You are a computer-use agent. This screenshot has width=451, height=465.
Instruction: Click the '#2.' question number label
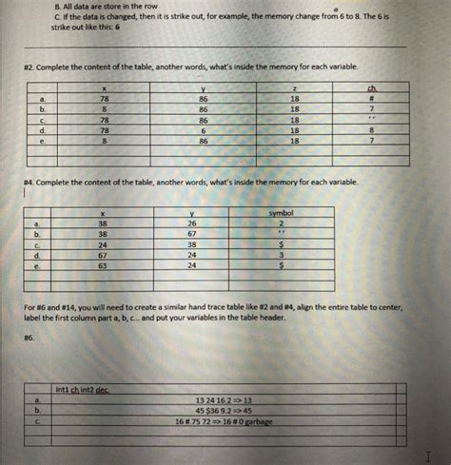click(35, 67)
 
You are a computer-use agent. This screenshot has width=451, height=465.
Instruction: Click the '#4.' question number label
click(35, 181)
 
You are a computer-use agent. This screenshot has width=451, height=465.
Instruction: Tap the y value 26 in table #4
click(192, 223)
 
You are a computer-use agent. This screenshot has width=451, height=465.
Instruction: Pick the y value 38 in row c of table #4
click(192, 243)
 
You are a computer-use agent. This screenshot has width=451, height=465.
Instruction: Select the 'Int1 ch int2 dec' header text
click(83, 389)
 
